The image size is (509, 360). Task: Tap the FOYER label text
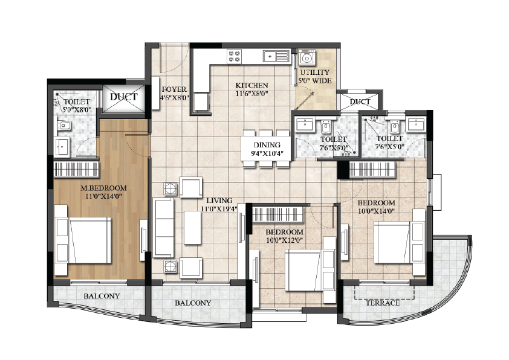click(174, 89)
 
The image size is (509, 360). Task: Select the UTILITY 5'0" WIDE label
click(315, 77)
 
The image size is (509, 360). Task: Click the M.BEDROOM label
click(103, 188)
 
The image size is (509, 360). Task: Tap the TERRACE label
click(383, 303)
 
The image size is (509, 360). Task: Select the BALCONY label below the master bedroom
click(102, 296)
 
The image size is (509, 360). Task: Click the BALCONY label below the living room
click(193, 303)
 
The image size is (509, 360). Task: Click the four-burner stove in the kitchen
click(235, 56)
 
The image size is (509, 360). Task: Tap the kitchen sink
click(276, 56)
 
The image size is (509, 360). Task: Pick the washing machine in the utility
click(306, 58)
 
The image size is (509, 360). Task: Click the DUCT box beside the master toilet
click(123, 98)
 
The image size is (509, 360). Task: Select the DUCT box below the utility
click(360, 101)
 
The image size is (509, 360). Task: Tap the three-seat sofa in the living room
click(163, 228)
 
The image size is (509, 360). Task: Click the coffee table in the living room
click(192, 227)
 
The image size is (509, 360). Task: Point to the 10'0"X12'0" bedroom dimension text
click(284, 240)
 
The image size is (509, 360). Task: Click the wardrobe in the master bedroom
click(77, 169)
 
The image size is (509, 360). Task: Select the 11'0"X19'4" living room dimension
click(219, 209)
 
